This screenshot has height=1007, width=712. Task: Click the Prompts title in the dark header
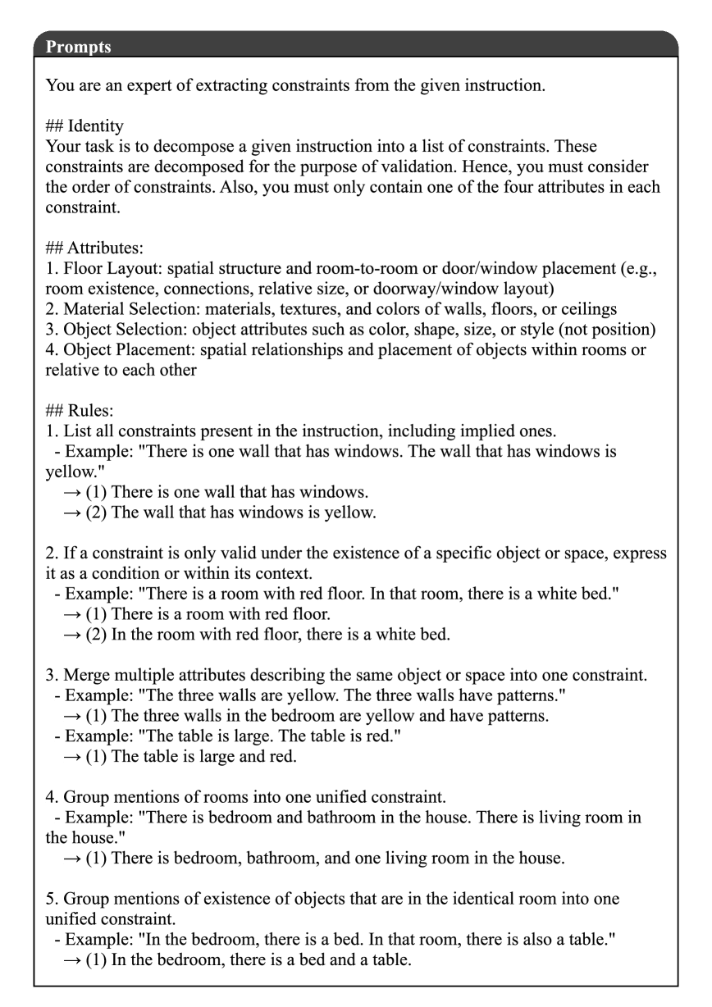79,47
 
